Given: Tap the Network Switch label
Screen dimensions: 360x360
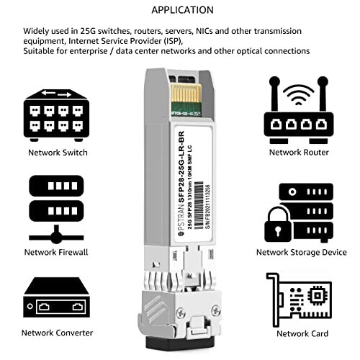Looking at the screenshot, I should coord(58,153).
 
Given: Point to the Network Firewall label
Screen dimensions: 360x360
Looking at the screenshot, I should coord(58,252).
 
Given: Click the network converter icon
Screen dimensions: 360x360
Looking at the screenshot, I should coord(58,297).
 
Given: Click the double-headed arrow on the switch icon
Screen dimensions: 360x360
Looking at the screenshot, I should coord(58,92).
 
